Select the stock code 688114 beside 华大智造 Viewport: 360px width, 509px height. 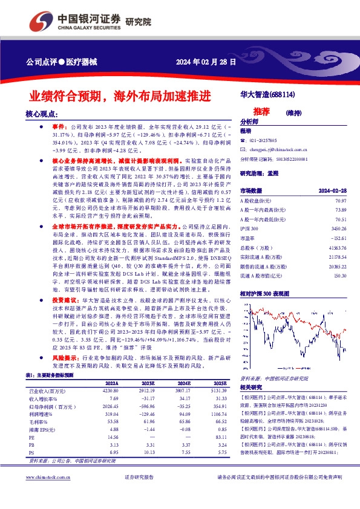click(x=282, y=95)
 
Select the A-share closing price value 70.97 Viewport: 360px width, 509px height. click(x=340, y=199)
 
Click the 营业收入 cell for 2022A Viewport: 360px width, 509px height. click(x=110, y=391)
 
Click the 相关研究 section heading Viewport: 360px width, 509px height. click(x=252, y=387)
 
